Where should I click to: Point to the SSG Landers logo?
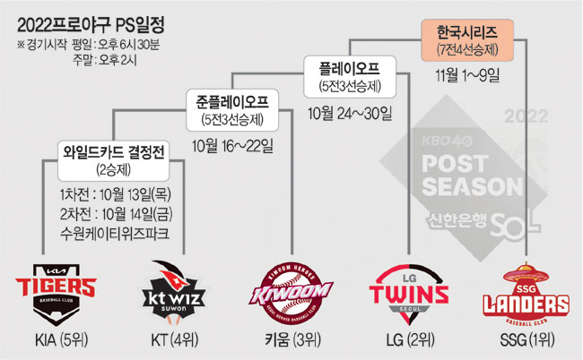click(x=524, y=287)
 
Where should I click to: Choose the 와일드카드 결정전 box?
click(x=110, y=159)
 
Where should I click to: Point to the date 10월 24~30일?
click(x=348, y=114)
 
